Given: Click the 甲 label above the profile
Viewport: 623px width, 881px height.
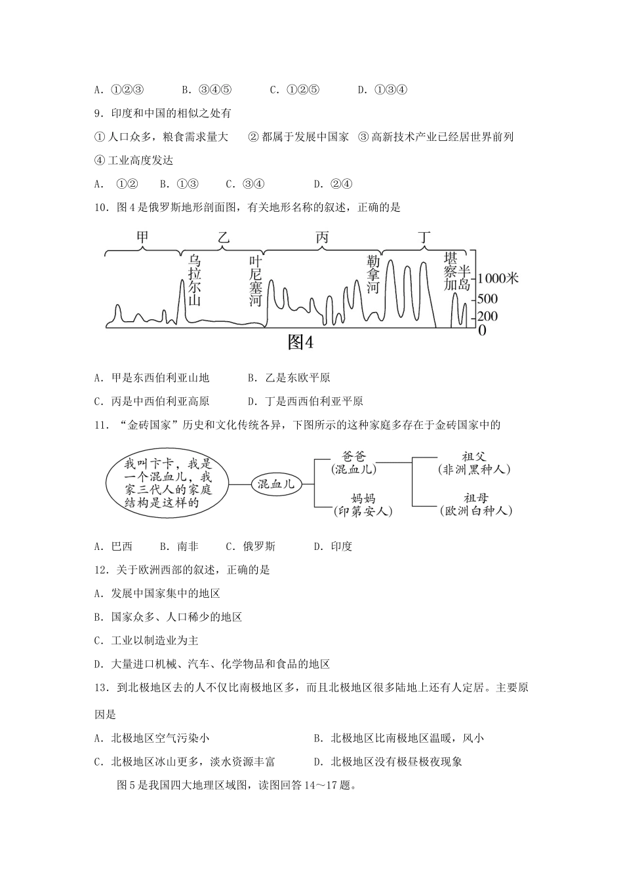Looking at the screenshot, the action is [x=142, y=237].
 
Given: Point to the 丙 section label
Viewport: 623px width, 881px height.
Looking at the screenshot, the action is [x=321, y=237].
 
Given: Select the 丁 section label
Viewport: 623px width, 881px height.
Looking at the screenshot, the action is [x=424, y=237].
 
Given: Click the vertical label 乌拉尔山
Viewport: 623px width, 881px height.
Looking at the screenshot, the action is [x=193, y=280].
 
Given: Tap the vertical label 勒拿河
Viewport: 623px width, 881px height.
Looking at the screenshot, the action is [x=373, y=275].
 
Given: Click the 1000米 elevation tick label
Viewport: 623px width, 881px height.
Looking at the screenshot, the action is [x=498, y=279].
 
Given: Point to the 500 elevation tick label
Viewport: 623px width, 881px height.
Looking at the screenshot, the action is [x=489, y=299].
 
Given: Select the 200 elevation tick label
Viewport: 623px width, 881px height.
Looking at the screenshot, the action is [x=489, y=317].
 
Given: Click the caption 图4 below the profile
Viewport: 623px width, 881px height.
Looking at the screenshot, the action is [x=301, y=342].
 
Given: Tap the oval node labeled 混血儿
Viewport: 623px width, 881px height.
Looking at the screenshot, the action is [x=276, y=484].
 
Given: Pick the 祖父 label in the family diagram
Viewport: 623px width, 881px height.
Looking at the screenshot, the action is [x=474, y=457].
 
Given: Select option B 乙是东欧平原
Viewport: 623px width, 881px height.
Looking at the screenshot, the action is [x=289, y=378].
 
